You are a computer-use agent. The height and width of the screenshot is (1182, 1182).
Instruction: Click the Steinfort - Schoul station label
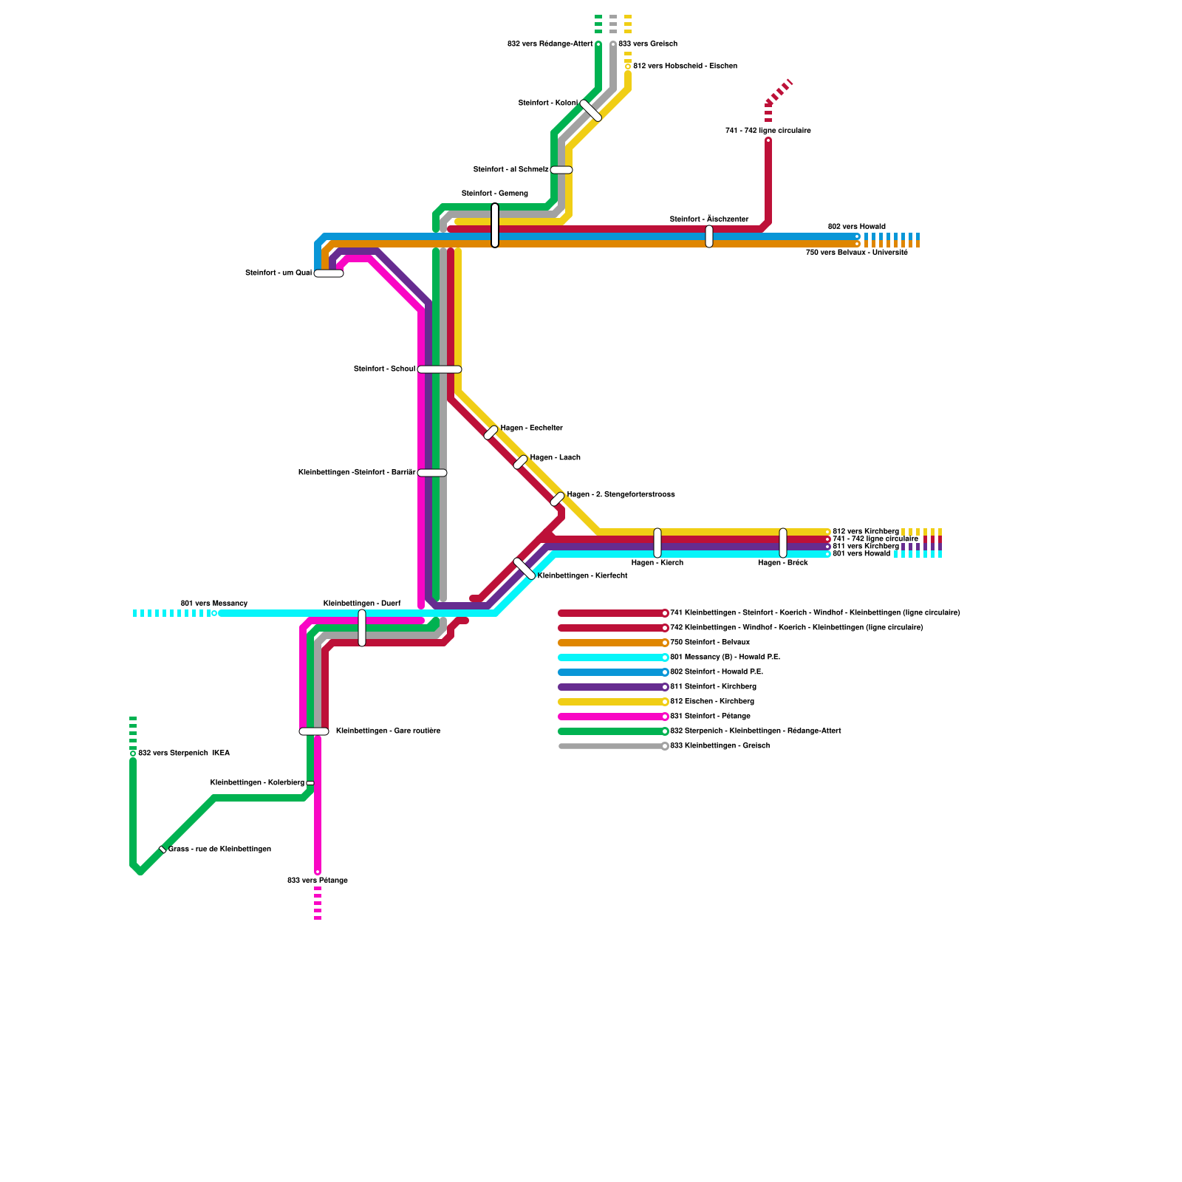[x=384, y=369]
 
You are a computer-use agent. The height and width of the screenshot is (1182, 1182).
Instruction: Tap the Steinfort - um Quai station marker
[x=329, y=273]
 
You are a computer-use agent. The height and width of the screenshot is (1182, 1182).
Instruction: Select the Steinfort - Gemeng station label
[x=494, y=194]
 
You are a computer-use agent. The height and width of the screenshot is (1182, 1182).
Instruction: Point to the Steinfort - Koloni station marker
[x=590, y=110]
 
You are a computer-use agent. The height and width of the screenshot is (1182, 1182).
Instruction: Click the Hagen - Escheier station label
[x=531, y=428]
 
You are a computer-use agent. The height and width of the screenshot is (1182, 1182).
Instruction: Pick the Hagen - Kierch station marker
[x=657, y=543]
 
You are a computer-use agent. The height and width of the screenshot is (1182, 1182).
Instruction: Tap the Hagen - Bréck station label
[x=782, y=563]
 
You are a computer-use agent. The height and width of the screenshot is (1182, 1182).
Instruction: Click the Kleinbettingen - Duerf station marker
[x=362, y=627]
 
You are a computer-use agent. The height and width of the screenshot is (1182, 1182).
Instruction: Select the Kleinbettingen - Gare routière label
[x=388, y=731]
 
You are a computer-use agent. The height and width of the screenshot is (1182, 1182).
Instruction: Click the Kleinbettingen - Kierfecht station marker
[x=525, y=569]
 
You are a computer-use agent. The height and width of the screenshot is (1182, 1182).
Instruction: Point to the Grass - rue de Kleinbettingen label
[x=219, y=850]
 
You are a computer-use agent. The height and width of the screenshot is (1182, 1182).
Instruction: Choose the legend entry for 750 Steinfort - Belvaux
[x=709, y=643]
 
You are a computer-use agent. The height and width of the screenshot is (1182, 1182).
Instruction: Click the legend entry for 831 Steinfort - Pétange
[x=709, y=717]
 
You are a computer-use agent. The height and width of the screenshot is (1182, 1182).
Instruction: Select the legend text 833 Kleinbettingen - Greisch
[x=719, y=746]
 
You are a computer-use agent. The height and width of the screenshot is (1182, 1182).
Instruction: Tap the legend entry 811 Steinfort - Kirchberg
[x=712, y=687]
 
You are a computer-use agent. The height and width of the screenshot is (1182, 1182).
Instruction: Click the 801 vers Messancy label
[x=214, y=604]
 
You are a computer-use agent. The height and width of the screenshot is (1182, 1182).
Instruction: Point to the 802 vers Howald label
[x=856, y=227]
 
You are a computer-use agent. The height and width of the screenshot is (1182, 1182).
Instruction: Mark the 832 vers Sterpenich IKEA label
[x=183, y=754]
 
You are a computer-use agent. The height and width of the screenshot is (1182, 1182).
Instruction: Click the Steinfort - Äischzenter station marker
[x=709, y=236]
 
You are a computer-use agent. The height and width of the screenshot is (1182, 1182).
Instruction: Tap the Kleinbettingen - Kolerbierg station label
[x=257, y=783]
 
